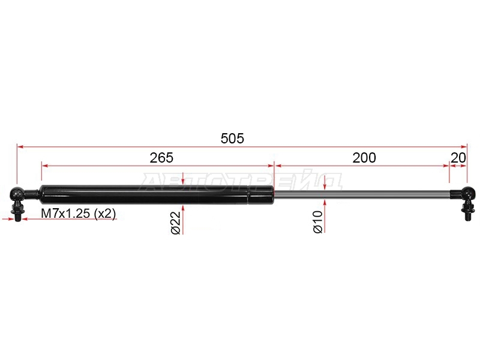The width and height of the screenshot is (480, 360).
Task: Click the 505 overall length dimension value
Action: click(x=232, y=139)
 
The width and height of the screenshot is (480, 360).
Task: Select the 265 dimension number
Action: click(x=161, y=158)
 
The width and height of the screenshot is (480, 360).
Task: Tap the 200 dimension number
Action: click(x=364, y=158)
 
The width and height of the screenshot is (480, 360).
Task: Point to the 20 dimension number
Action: click(x=458, y=158)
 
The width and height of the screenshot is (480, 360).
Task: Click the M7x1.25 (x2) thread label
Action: click(x=79, y=214)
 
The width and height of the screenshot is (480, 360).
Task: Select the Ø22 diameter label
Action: click(x=176, y=223)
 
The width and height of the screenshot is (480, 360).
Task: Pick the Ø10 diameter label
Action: click(x=318, y=222)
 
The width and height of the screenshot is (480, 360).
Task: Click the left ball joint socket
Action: click(x=17, y=194)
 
